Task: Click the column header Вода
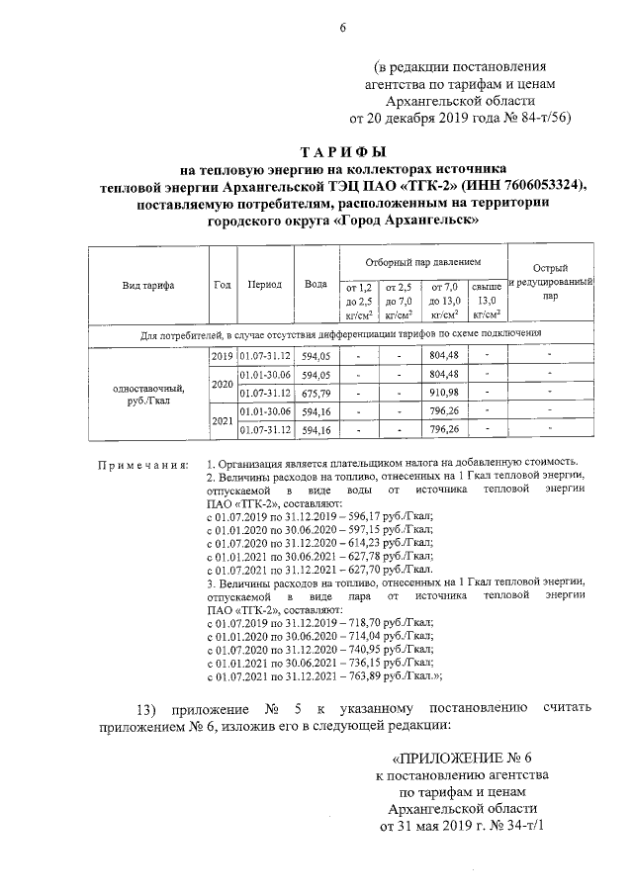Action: tap(316, 285)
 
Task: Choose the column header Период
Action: tap(265, 285)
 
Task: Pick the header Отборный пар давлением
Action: tap(422, 263)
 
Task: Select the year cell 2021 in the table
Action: tap(223, 420)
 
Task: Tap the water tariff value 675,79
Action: tap(316, 393)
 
